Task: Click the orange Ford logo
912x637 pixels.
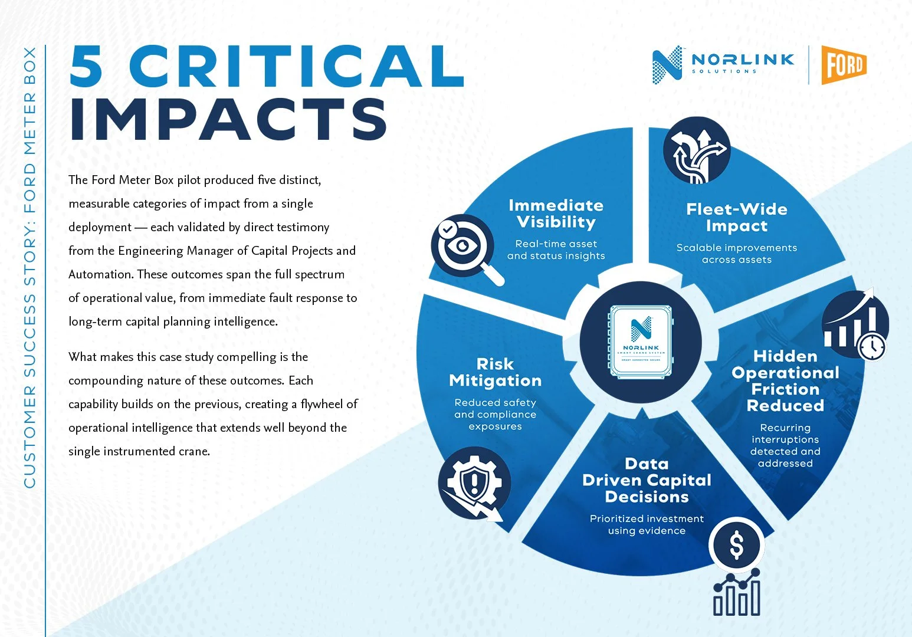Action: tap(844, 65)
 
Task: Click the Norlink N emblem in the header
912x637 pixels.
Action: tap(667, 65)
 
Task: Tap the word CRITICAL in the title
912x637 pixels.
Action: tap(297, 66)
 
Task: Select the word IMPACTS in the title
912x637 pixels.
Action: tap(228, 119)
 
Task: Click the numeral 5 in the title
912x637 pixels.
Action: tap(86, 66)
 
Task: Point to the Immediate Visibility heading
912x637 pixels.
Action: tap(556, 214)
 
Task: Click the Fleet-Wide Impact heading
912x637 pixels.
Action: tap(737, 218)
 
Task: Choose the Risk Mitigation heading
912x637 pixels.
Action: tap(495, 372)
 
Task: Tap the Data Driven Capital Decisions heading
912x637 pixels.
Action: tap(647, 480)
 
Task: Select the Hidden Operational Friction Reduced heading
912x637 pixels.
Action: tap(785, 381)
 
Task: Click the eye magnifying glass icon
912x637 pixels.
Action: tap(466, 248)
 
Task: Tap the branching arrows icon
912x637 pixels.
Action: tap(697, 150)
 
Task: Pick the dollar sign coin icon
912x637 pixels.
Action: tap(737, 545)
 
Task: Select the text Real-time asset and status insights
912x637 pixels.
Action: tap(556, 249)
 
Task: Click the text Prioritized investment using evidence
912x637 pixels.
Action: tap(647, 524)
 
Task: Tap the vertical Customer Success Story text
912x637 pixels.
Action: tap(29, 267)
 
